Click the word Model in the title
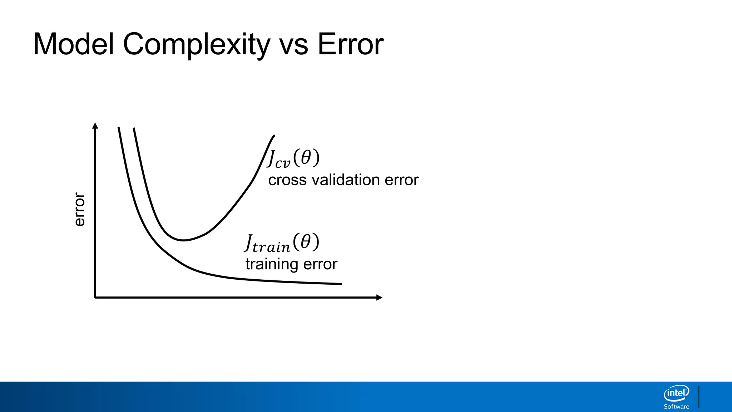73,44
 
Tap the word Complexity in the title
196,45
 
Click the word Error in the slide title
350,44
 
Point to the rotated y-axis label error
79,209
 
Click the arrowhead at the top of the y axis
95,126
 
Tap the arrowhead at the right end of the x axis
380,298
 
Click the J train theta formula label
282,243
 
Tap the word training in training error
272,264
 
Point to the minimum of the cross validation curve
183,240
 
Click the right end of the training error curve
341,284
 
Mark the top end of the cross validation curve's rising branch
274,136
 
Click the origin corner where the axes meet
95,297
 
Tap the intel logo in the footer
676,393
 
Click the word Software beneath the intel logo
676,407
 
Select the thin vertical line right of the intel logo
699,397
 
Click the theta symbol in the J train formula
306,242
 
